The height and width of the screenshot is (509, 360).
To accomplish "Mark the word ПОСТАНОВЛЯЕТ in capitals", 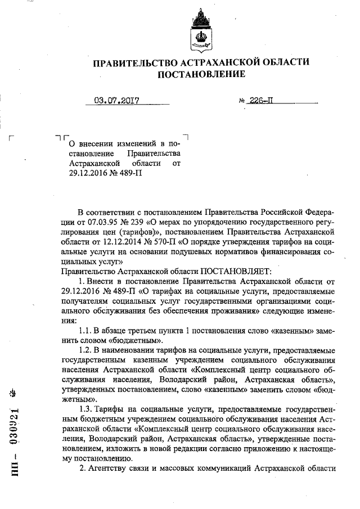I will tap(231, 272).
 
